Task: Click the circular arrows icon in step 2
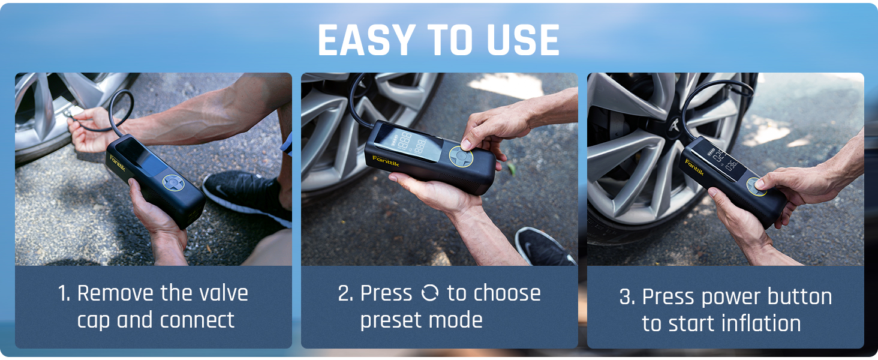430,293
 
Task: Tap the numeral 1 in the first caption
62,293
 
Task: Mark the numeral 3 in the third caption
626,297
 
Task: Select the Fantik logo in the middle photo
384,158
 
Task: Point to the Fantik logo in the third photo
695,166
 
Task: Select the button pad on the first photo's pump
172,183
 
